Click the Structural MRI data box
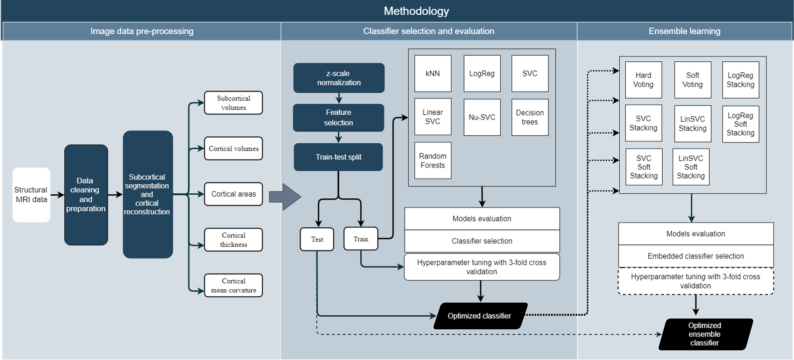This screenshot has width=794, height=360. (x=31, y=195)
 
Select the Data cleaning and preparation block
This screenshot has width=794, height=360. (x=86, y=195)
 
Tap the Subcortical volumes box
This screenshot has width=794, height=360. (x=233, y=103)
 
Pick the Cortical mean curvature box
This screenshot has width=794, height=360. (x=233, y=286)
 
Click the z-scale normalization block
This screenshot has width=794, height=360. (x=339, y=78)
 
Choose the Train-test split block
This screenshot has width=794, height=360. (x=338, y=157)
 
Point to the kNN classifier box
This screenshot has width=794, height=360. (x=433, y=74)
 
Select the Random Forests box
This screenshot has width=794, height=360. (x=433, y=160)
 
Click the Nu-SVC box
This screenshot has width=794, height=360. (x=482, y=117)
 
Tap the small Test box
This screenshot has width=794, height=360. (x=317, y=239)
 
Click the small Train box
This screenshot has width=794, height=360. (x=361, y=239)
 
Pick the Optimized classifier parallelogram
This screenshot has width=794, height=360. (x=480, y=316)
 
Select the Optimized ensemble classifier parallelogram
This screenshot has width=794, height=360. (x=705, y=334)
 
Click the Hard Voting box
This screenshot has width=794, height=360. (x=643, y=80)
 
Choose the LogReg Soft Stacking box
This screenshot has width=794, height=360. (x=740, y=124)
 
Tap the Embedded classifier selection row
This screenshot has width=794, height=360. (x=695, y=256)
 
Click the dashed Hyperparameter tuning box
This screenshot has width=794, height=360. (x=695, y=281)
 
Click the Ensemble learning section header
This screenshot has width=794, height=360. (x=684, y=31)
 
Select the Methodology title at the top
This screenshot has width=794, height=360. (x=416, y=11)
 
